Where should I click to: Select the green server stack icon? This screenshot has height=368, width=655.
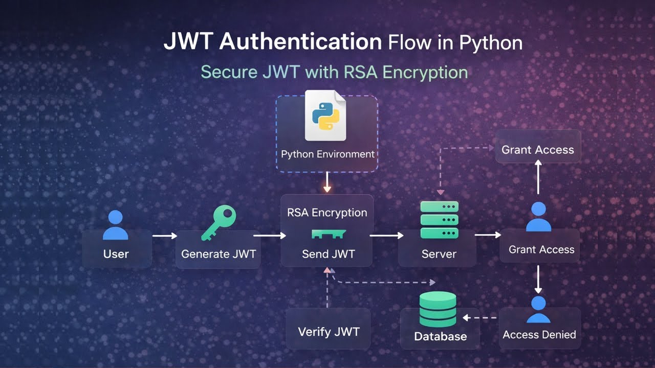[x=439, y=220]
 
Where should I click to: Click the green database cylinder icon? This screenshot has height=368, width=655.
[x=437, y=309]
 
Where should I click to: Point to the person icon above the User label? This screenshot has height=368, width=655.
[x=116, y=224]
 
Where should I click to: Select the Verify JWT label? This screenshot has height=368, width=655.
[x=329, y=331]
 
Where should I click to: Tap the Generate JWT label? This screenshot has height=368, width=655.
[x=219, y=254]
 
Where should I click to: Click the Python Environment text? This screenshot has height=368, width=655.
[x=327, y=154]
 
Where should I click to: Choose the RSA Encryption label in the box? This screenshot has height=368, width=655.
[x=327, y=213]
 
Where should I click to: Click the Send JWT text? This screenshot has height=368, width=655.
[x=328, y=254]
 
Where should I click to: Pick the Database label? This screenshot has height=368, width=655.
[x=440, y=336]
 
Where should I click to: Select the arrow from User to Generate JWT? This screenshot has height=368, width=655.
[x=164, y=236]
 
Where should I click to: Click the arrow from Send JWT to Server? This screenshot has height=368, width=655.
[x=386, y=236]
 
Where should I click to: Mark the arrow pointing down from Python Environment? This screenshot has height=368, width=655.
[x=327, y=182]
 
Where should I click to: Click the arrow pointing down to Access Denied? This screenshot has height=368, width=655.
[x=538, y=279]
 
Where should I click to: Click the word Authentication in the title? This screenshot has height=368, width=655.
[x=301, y=42]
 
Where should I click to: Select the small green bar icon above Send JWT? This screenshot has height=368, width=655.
[x=329, y=234]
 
